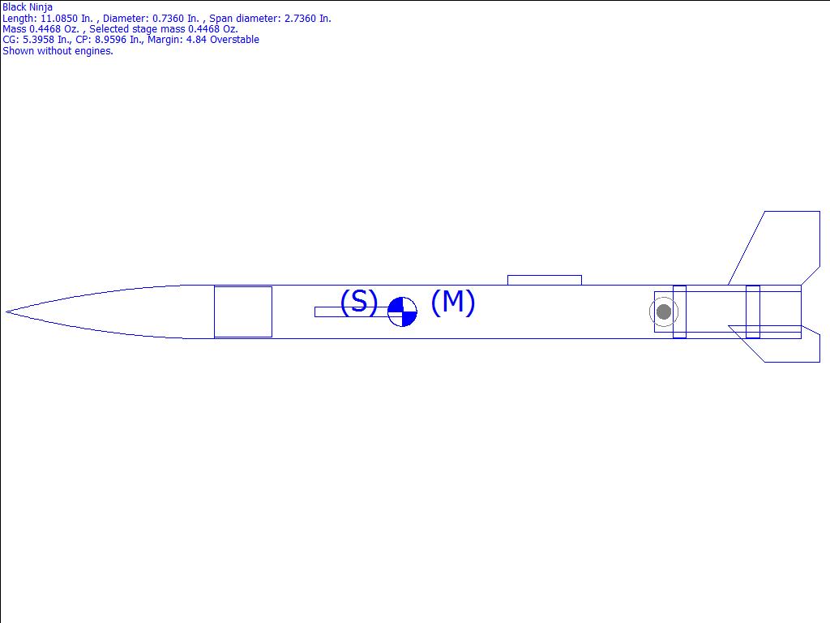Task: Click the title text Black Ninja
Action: tap(28, 7)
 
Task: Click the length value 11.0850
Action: tap(60, 19)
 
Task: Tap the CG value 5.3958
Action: tap(38, 40)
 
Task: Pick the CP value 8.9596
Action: tap(110, 40)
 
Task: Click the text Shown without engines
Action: tap(58, 51)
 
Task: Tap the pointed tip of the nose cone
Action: tap(6, 311)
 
